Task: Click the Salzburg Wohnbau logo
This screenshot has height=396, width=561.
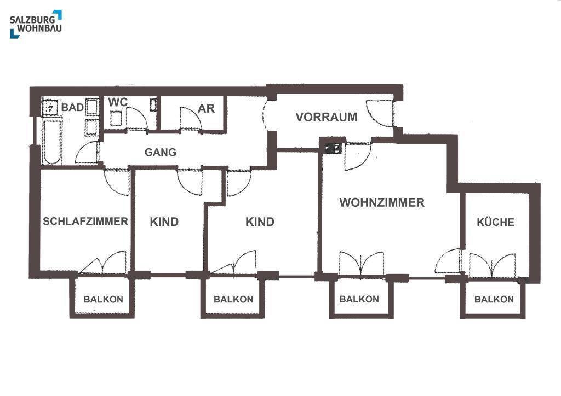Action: (x=36, y=24)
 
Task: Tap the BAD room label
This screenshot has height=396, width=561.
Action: (x=72, y=108)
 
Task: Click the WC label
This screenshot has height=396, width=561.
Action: (x=118, y=102)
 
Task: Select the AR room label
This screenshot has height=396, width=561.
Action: (x=207, y=108)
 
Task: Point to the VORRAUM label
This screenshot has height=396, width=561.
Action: (x=327, y=117)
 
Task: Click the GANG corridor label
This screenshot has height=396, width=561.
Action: (x=161, y=152)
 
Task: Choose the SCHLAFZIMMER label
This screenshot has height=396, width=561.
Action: (x=85, y=222)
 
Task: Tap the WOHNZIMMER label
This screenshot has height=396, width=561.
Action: (x=382, y=203)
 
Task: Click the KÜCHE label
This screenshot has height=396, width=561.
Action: (x=495, y=222)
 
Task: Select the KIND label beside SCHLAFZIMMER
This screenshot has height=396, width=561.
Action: (x=164, y=222)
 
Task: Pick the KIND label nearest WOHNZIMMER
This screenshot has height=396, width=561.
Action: (x=260, y=222)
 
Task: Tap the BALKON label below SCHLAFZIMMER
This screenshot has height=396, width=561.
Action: (x=103, y=300)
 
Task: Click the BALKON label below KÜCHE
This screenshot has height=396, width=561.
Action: (x=494, y=299)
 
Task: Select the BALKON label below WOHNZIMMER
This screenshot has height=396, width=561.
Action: (x=359, y=299)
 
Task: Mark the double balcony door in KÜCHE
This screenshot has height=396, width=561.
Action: (x=492, y=265)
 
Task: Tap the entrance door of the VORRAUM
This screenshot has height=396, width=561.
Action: (x=381, y=113)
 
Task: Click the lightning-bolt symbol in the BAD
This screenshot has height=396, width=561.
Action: (x=50, y=107)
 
